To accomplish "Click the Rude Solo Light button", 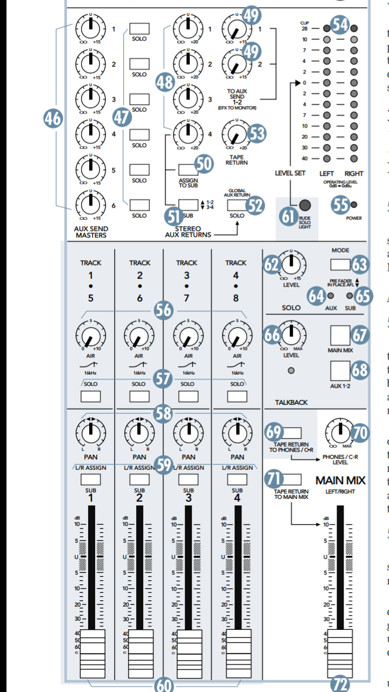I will tap(305, 205).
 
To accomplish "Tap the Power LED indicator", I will tap(353, 204).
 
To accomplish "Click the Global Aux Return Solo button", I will tap(237, 205).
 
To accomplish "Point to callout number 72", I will tap(341, 684).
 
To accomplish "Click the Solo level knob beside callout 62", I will tap(291, 265).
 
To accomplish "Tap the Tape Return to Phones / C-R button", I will tap(292, 432).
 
